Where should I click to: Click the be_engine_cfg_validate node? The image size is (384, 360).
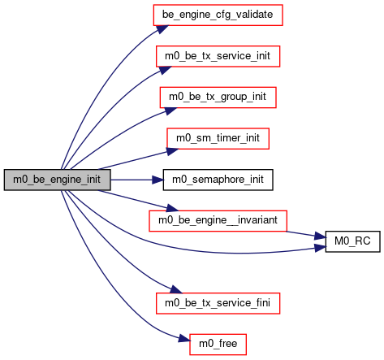(x=218, y=15)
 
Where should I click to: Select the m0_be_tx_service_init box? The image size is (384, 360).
(x=218, y=56)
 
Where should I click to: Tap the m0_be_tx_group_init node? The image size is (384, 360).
(x=218, y=98)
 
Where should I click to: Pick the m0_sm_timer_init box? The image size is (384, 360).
(x=218, y=138)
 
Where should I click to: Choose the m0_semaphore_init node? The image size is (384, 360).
(x=218, y=180)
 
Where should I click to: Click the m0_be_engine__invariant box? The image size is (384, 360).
(x=218, y=221)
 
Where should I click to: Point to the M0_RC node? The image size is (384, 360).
(x=352, y=241)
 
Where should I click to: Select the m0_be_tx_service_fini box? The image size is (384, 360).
(x=218, y=303)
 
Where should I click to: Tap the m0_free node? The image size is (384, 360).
(x=218, y=345)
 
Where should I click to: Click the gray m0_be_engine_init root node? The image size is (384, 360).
(x=57, y=180)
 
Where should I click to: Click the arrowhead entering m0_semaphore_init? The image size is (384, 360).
(x=157, y=180)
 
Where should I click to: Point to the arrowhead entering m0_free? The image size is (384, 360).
(x=184, y=339)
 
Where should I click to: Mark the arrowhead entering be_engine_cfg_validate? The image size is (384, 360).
(x=162, y=29)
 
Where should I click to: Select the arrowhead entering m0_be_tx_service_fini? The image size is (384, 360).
(x=175, y=289)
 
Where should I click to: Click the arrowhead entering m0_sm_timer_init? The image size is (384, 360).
(x=172, y=151)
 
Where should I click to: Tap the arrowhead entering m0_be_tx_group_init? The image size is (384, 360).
(x=170, y=111)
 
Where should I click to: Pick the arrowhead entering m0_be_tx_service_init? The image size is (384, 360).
(x=165, y=70)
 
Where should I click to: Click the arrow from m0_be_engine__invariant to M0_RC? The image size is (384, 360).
(x=306, y=235)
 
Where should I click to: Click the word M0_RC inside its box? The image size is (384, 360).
(x=352, y=241)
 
